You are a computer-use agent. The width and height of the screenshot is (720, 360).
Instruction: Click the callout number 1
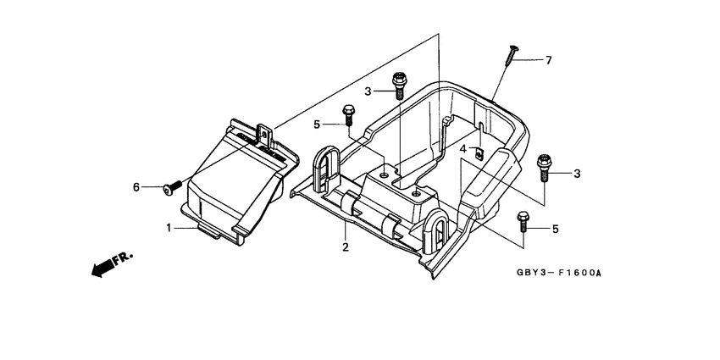[x=168, y=227]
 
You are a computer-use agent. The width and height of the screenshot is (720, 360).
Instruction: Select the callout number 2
[x=346, y=246]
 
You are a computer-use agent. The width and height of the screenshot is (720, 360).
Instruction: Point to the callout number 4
[x=463, y=149]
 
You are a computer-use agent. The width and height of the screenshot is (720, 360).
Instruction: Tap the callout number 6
[x=135, y=186]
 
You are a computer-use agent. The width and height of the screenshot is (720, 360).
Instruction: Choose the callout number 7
[x=548, y=60]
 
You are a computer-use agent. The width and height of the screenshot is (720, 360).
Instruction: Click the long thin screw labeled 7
[x=510, y=53]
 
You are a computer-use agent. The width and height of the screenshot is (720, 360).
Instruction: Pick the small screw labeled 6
[x=169, y=187]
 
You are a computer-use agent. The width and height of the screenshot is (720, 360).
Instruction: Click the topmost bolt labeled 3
[x=399, y=86]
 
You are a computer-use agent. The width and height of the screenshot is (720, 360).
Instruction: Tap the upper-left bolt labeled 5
[x=348, y=113]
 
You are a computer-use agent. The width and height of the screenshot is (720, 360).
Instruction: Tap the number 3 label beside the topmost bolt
[x=368, y=91]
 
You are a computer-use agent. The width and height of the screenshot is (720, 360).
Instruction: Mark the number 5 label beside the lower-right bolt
[x=556, y=229]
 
